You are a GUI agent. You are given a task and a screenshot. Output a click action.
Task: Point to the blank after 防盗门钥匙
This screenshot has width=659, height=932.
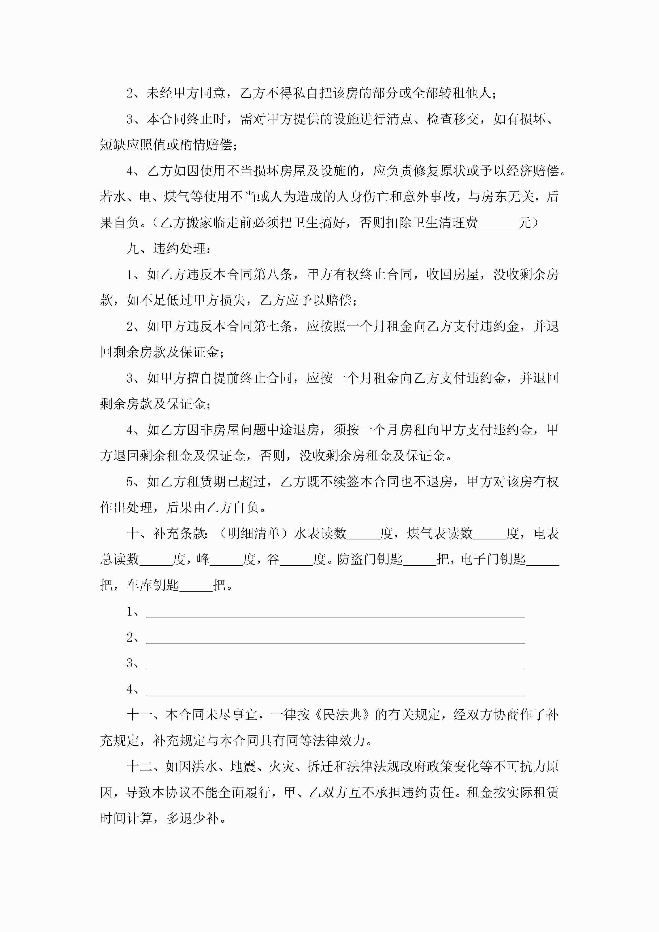419,560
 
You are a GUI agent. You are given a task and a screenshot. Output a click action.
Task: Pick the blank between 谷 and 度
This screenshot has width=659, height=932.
296,560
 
